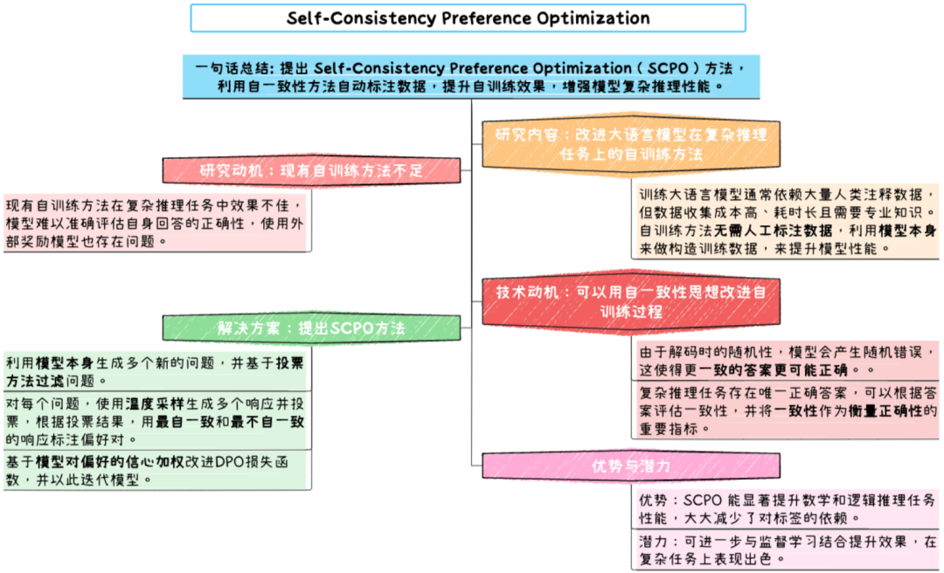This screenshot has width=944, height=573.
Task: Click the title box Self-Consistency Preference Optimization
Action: point(469,18)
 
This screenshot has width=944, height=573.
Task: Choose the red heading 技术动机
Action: point(630,302)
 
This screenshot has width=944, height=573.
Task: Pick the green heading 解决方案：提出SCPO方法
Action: point(310,328)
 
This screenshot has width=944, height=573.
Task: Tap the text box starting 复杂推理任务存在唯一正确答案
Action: point(786,411)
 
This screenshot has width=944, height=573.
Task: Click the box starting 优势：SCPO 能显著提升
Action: point(786,508)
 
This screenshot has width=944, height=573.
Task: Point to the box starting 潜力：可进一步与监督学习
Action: point(786,550)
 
